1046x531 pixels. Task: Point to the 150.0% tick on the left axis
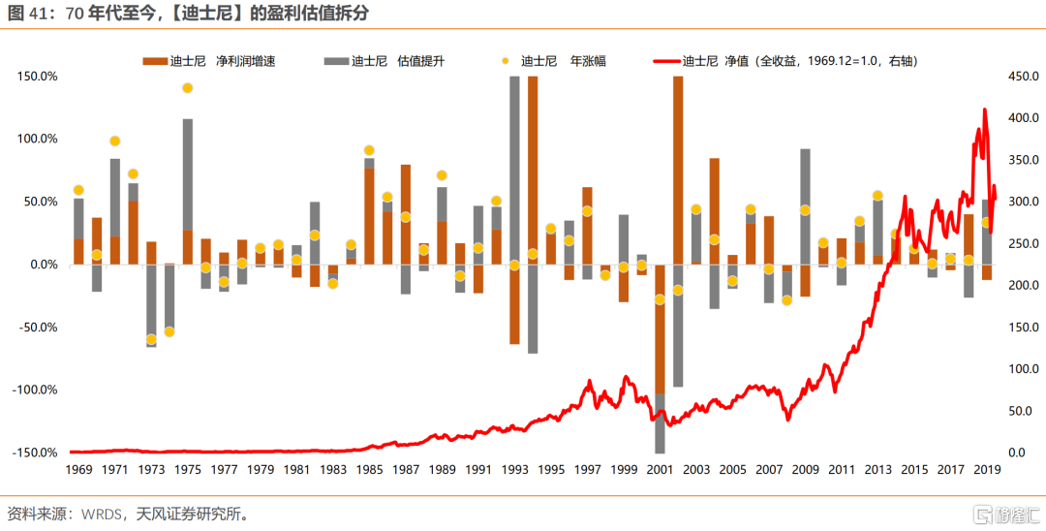pyautogui.click(x=36, y=76)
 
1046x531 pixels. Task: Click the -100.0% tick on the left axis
pyautogui.click(x=34, y=390)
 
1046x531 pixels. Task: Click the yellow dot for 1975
pyautogui.click(x=188, y=88)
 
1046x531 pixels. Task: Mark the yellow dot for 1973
pyautogui.click(x=151, y=339)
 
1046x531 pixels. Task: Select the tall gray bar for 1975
pyautogui.click(x=188, y=174)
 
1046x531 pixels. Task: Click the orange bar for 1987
pyautogui.click(x=406, y=213)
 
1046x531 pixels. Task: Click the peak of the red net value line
pyautogui.click(x=984, y=109)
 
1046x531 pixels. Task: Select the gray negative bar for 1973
pyautogui.click(x=151, y=305)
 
